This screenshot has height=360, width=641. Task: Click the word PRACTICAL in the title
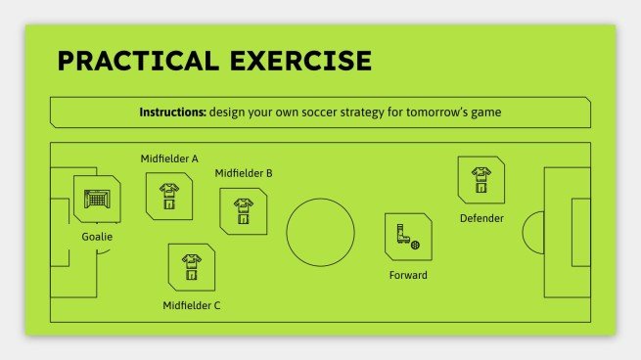click(135, 61)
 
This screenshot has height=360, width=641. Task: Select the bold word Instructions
click(172, 112)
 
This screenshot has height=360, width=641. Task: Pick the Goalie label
click(97, 237)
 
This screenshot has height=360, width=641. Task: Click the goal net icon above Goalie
click(96, 198)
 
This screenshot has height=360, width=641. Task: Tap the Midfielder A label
click(169, 157)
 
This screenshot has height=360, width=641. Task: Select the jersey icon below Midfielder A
click(168, 194)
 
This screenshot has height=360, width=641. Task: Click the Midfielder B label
click(244, 173)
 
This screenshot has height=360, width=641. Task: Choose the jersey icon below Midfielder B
click(243, 211)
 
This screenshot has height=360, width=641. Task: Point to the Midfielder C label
click(192, 305)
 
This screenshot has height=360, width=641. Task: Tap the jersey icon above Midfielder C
click(191, 266)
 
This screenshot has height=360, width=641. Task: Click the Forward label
click(408, 275)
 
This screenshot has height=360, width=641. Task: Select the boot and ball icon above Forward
click(407, 236)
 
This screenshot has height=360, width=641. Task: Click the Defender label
click(481, 218)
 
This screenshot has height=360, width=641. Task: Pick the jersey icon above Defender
click(481, 179)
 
